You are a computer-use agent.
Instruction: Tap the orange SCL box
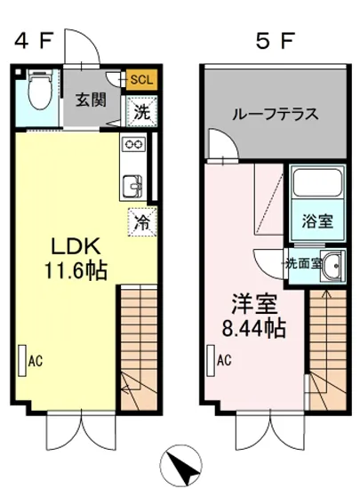(x=140, y=79)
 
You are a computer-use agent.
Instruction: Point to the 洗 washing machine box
(x=140, y=112)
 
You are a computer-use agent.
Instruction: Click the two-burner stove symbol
(x=132, y=145)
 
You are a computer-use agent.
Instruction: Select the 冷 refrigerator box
(x=140, y=220)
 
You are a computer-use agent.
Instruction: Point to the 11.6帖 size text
(x=68, y=271)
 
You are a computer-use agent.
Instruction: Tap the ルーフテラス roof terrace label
(x=275, y=115)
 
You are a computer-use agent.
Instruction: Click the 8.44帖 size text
(x=252, y=328)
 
